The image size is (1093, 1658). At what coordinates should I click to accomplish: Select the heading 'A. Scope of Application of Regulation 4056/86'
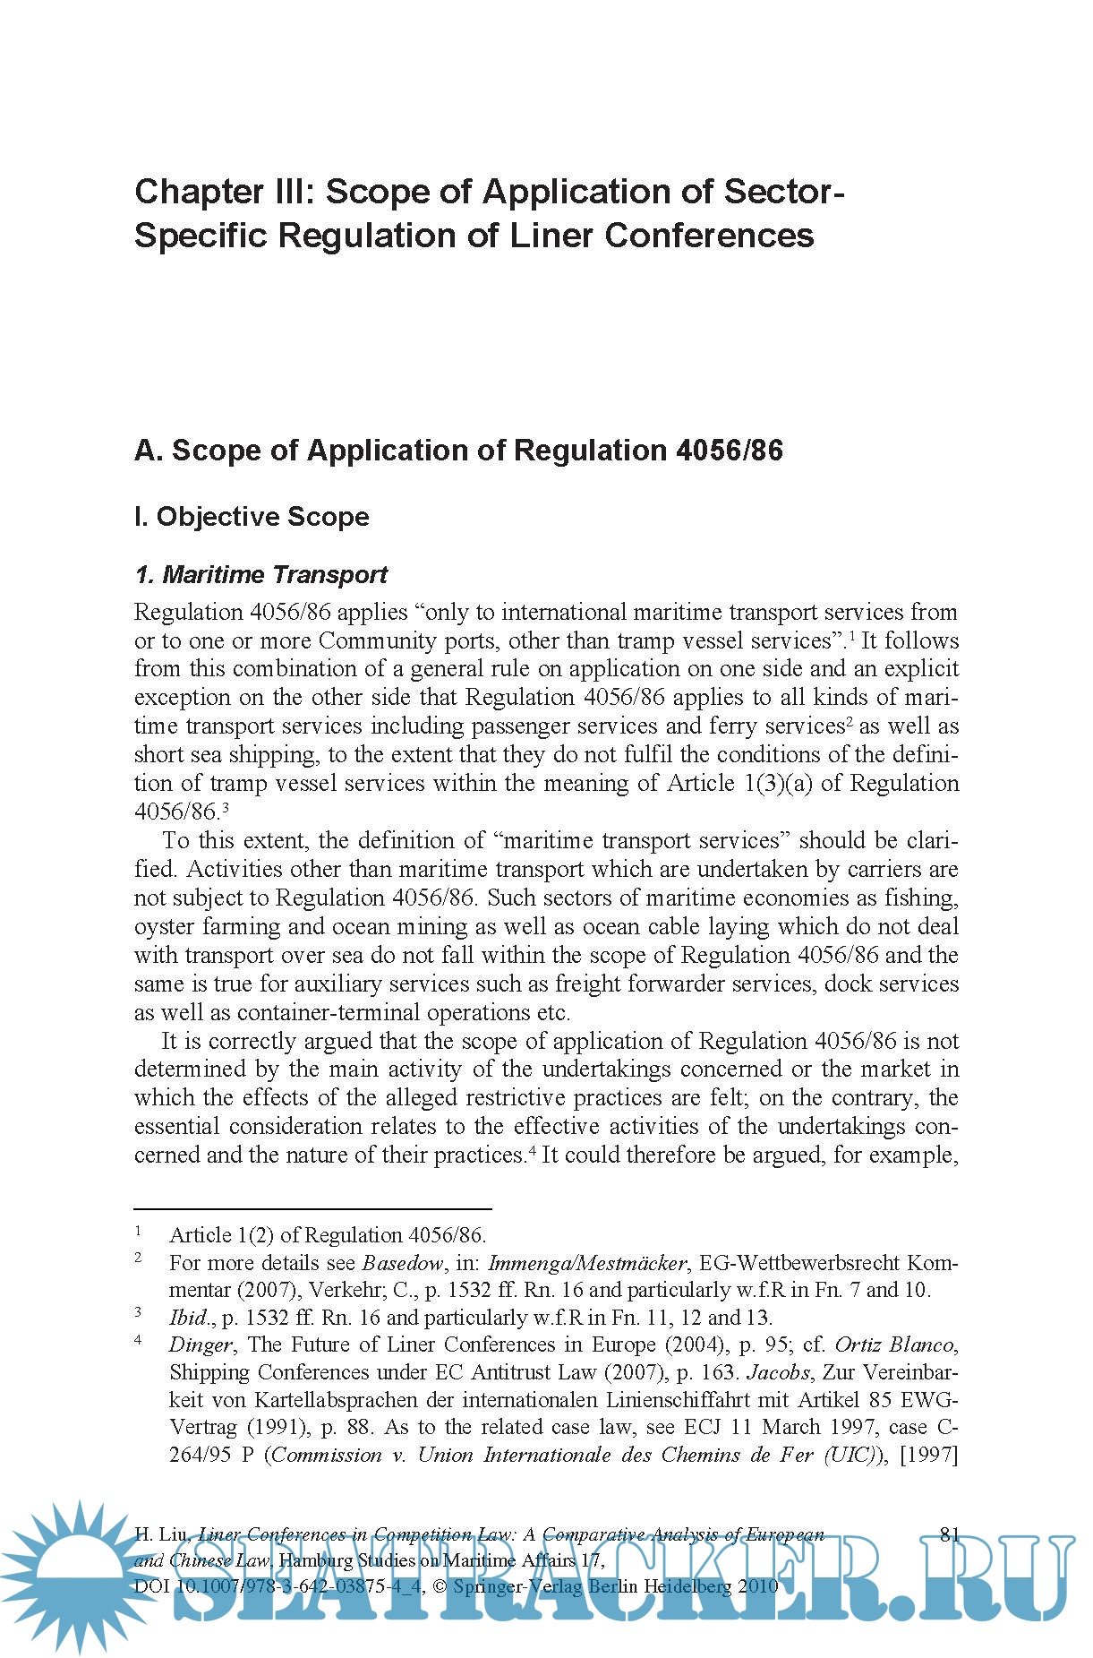click(458, 450)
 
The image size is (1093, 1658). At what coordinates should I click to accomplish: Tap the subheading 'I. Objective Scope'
click(252, 517)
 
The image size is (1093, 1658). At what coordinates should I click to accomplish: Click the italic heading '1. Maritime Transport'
click(260, 574)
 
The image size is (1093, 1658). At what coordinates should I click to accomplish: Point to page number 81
click(950, 1534)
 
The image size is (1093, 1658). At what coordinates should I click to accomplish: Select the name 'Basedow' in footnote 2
click(402, 1263)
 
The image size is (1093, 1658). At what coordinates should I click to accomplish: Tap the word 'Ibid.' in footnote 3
click(188, 1317)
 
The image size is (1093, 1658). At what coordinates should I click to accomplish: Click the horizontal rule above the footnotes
click(312, 1209)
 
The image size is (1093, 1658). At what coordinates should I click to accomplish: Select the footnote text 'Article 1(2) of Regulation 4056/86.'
click(328, 1235)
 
